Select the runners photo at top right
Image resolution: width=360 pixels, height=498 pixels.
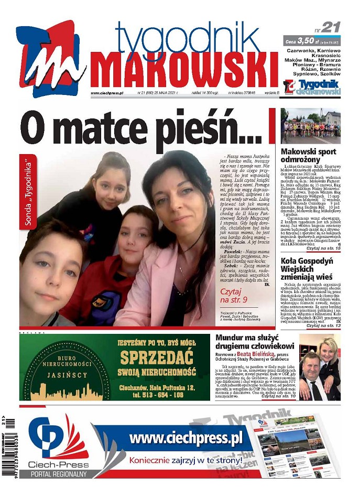(x=310, y=126)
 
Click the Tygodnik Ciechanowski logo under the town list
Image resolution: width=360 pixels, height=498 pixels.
(x=312, y=88)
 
